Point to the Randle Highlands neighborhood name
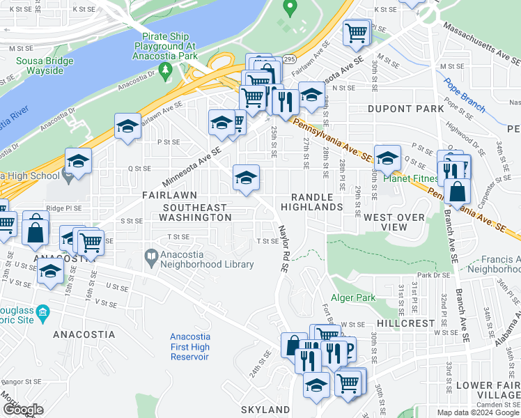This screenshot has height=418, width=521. tap(312, 202)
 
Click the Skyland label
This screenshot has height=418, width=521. tap(265, 409)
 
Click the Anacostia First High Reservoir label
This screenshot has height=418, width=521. tap(189, 347)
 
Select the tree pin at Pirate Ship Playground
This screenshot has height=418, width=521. tap(165, 70)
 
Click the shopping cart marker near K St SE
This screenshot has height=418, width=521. tap(357, 32)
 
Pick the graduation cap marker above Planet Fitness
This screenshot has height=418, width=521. tap(387, 157)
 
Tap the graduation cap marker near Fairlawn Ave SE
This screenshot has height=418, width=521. tap(127, 126)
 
